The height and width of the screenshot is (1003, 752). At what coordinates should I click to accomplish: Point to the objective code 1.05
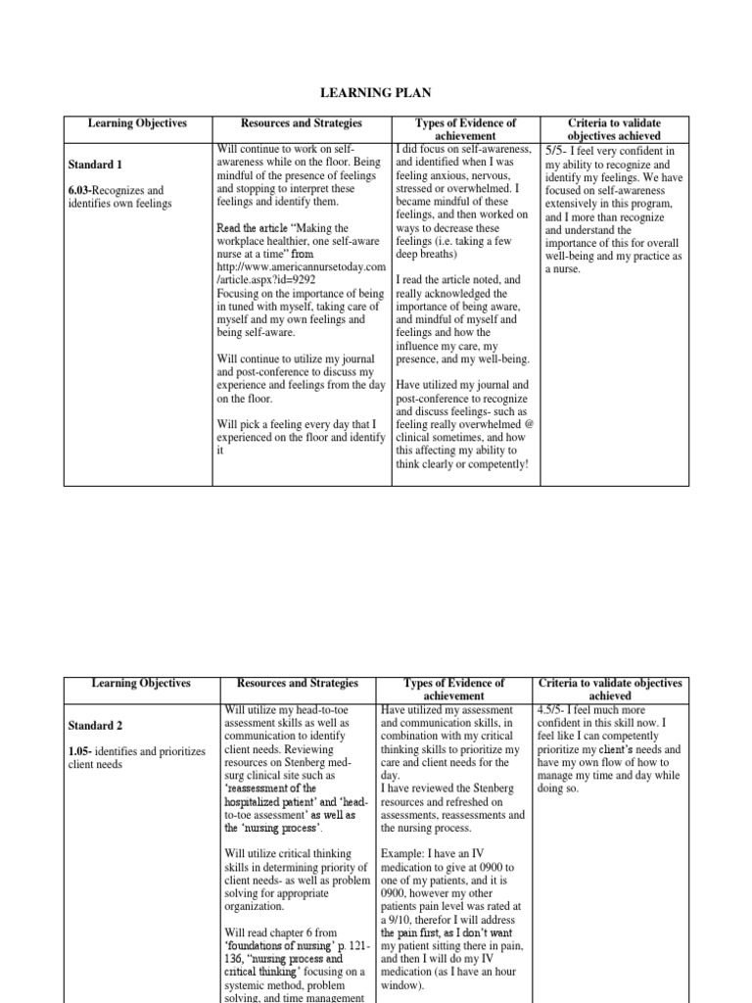point(79,751)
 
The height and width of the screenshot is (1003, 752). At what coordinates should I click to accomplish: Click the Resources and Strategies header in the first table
point(302,123)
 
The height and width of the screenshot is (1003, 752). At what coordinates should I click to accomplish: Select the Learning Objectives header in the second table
point(138,683)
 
